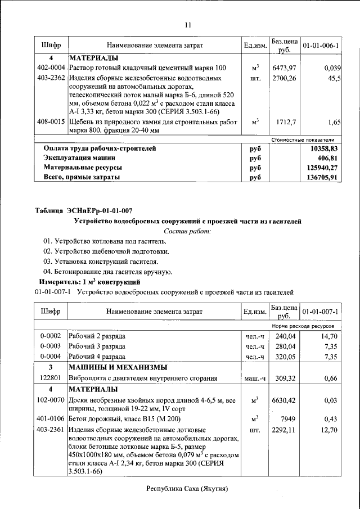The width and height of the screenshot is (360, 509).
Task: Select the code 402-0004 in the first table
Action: [51, 67]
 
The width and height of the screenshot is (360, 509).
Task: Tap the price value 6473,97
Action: [284, 67]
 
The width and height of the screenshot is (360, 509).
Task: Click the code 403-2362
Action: [51, 78]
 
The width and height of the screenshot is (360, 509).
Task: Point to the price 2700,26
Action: [284, 78]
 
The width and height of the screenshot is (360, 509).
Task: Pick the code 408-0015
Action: [51, 121]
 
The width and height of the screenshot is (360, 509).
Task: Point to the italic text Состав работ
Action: [188, 231]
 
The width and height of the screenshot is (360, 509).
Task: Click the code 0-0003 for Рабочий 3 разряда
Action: [51, 346]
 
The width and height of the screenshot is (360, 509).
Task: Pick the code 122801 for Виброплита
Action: [51, 379]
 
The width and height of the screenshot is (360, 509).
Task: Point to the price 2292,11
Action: [284, 430]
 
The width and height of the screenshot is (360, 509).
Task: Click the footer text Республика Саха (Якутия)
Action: [188, 489]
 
